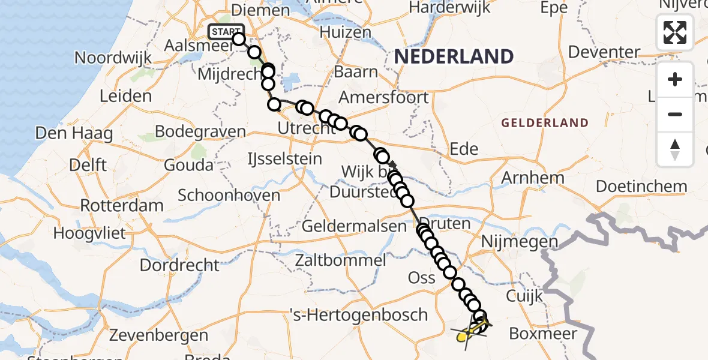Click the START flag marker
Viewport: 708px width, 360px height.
pyautogui.click(x=226, y=32)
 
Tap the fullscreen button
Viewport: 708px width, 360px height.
pyautogui.click(x=675, y=32)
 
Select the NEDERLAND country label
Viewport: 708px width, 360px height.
pyautogui.click(x=454, y=57)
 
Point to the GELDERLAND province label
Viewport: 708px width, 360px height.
pyautogui.click(x=545, y=123)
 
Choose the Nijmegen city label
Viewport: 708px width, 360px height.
pyautogui.click(x=520, y=242)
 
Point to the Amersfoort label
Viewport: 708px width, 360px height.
pyautogui.click(x=384, y=97)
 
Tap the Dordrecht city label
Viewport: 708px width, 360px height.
pyautogui.click(x=179, y=265)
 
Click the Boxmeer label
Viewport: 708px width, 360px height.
pyautogui.click(x=542, y=334)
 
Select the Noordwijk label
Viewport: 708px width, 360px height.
pyautogui.click(x=113, y=58)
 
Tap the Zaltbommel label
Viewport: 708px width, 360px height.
pyautogui.click(x=340, y=260)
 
